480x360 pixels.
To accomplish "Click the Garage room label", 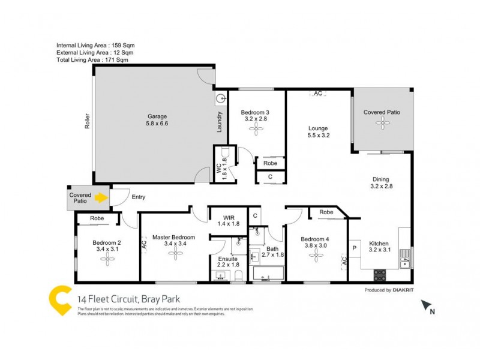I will tap(157, 116).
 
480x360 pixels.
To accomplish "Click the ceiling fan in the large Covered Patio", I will tap(382, 122).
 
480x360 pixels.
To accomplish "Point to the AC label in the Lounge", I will tap(318, 94).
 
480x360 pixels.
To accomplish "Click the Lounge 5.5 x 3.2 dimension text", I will tap(319, 136).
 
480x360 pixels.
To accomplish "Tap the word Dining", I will tap(380, 179).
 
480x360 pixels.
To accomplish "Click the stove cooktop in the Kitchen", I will tap(380, 275).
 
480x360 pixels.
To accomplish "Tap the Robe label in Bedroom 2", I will tap(96, 219).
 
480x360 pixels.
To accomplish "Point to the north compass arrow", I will tap(426, 306).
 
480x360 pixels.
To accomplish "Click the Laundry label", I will tap(220, 122).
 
